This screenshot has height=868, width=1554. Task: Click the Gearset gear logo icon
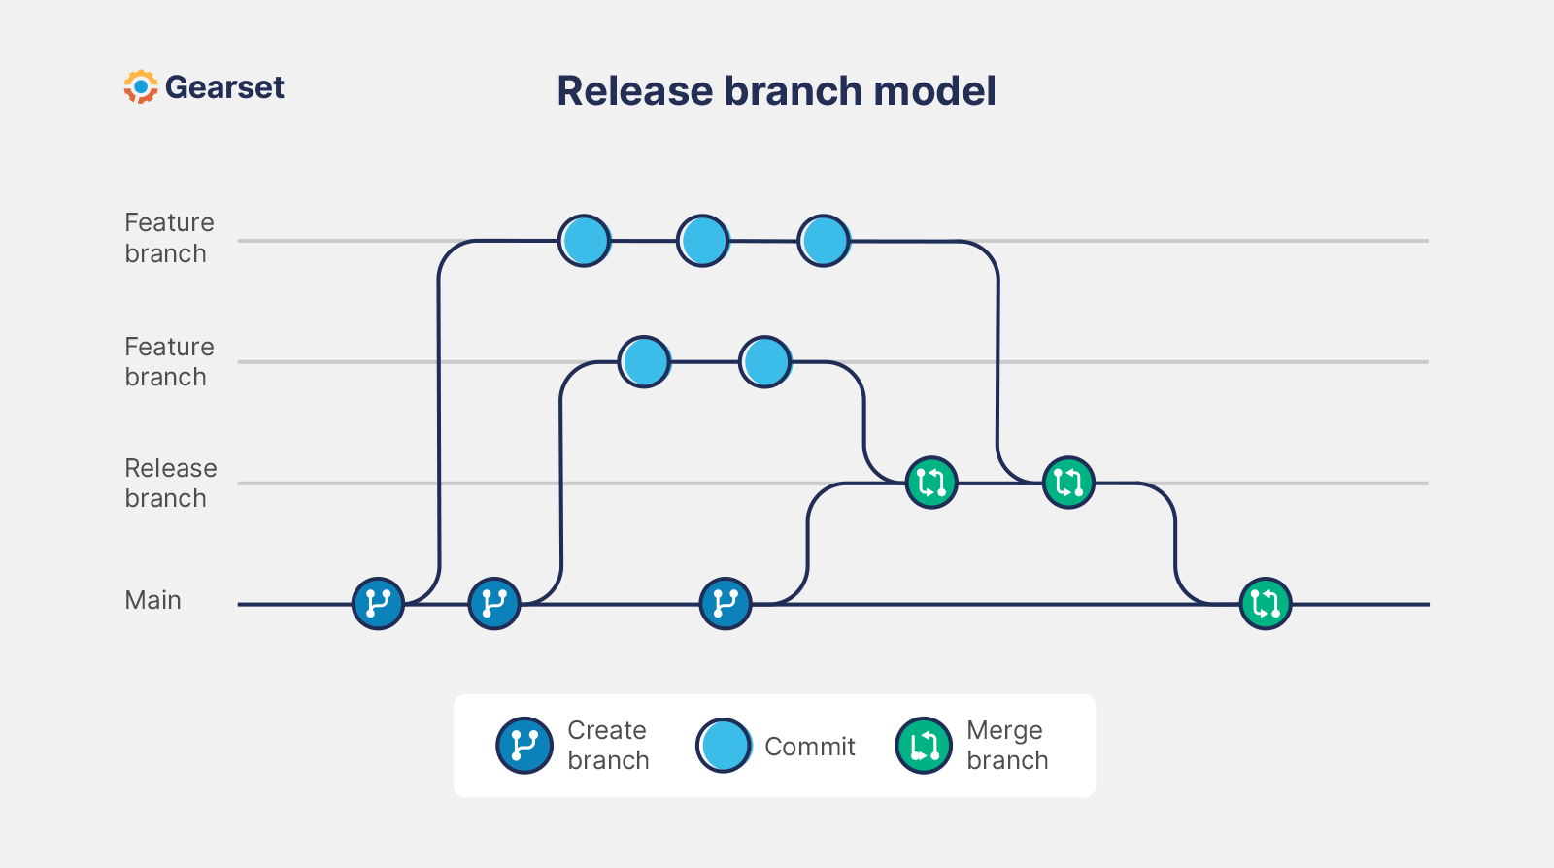141,87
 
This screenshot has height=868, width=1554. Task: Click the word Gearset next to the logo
224,87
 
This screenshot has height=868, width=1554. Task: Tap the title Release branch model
776,91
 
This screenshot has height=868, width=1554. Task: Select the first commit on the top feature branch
585,241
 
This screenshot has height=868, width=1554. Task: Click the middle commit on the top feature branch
703,241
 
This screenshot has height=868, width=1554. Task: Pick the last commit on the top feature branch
824,241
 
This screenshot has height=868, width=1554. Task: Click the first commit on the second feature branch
644,362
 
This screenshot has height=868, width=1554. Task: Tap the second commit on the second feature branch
765,362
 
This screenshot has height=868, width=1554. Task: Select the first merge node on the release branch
931,483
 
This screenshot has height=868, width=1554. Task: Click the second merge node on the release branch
1068,483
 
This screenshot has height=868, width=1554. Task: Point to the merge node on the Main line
1266,604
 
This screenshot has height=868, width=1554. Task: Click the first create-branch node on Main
378,604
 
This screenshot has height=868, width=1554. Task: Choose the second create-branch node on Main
494,604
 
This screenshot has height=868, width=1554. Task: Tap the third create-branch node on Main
726,604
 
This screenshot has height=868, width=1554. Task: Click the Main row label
152,600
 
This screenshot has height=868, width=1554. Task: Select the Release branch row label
170,483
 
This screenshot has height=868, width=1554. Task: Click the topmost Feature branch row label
169,238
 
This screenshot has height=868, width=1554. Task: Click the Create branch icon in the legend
524,746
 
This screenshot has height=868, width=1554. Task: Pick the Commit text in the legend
809,747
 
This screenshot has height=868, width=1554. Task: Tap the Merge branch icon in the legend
924,746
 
